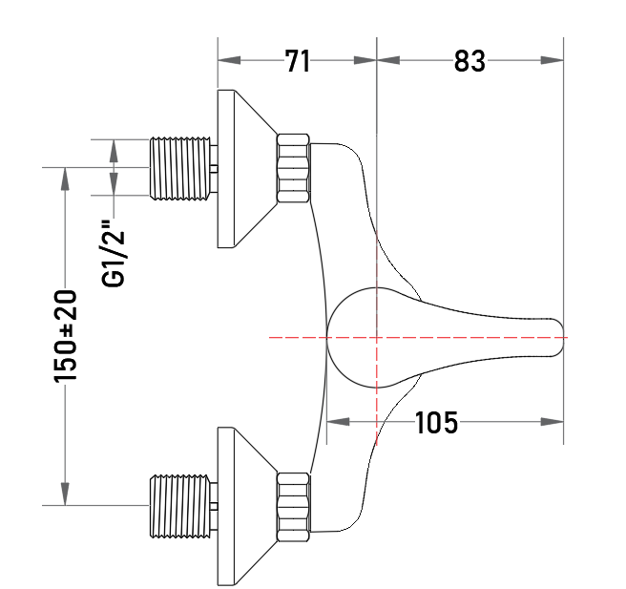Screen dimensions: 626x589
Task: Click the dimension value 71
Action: [298, 61]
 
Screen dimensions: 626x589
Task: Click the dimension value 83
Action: [469, 61]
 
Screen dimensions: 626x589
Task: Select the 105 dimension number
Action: [436, 423]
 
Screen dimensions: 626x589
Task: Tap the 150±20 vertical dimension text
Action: [65, 337]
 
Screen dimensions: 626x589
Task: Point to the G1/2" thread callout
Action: [114, 253]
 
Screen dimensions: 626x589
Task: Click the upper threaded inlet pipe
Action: [179, 168]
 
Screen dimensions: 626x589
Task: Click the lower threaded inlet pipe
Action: [179, 506]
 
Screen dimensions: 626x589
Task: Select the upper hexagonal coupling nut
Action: [293, 168]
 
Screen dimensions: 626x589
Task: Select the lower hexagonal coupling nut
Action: [293, 507]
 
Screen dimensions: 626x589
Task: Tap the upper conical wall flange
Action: [240, 169]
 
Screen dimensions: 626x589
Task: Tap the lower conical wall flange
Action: [240, 506]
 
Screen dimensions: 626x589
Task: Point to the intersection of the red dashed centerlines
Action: [377, 337]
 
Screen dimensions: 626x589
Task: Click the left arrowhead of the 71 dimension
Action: [229, 60]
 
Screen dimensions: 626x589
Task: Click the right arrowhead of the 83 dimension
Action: [553, 60]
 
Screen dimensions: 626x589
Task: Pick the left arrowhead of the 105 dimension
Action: [338, 422]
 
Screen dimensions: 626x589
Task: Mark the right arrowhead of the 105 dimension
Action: [553, 422]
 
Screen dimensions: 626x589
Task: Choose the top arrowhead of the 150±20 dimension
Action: [65, 179]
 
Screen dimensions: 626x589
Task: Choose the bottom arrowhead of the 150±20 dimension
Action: [65, 494]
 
